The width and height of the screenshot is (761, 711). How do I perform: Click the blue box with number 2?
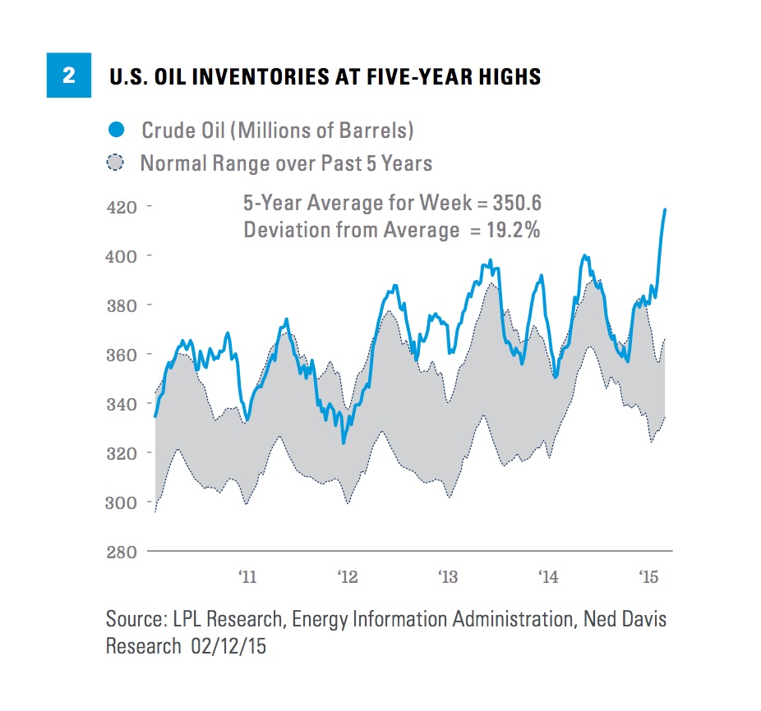tap(68, 76)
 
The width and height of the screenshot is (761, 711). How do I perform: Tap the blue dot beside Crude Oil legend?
tap(118, 130)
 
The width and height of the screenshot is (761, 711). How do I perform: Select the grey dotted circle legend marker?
tap(118, 163)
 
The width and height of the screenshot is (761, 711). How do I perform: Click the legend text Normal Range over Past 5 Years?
tap(285, 163)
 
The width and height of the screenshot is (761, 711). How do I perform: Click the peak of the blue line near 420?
tap(665, 209)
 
